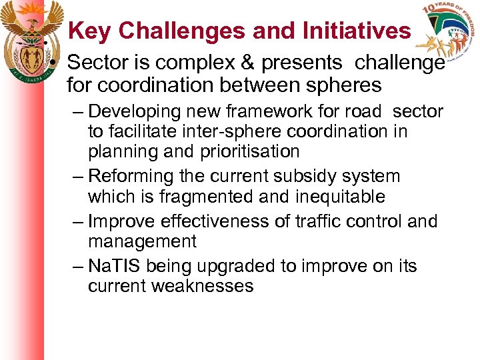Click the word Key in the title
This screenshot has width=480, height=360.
[x=90, y=31]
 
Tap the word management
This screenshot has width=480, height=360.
[x=142, y=241]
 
